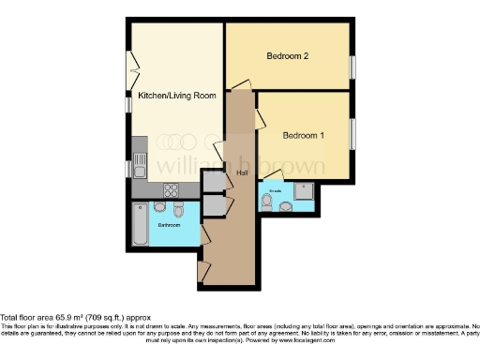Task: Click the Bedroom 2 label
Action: (x=288, y=56)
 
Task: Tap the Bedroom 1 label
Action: (x=303, y=135)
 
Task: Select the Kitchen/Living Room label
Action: (x=178, y=96)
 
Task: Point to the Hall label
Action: (x=241, y=173)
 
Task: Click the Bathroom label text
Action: (x=169, y=225)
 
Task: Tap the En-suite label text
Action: (x=275, y=190)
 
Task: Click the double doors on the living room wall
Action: (x=134, y=70)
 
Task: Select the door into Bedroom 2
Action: (x=241, y=84)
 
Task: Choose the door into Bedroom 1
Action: (x=259, y=119)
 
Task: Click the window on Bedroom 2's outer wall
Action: (x=353, y=67)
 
